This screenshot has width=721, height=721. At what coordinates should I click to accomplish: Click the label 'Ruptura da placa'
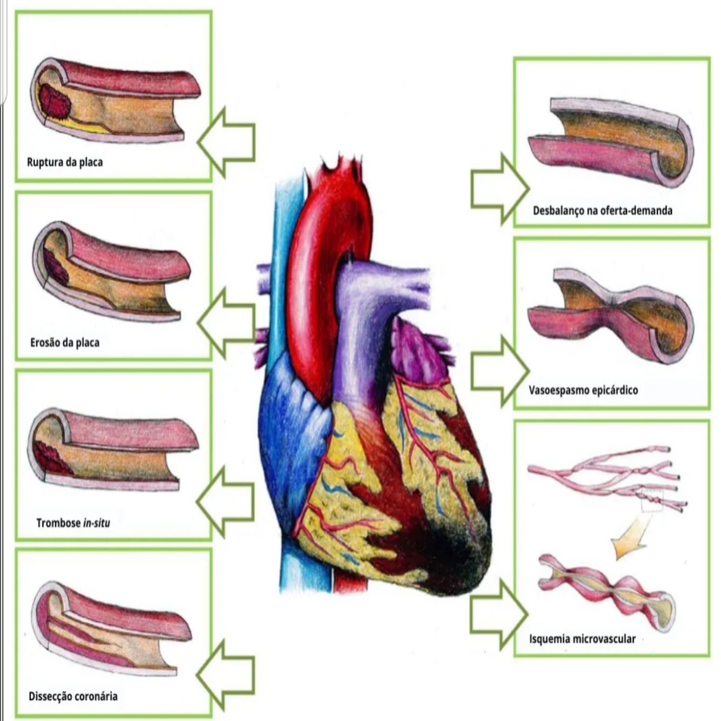(x=65, y=162)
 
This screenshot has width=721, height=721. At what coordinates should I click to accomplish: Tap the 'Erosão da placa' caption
(x=65, y=343)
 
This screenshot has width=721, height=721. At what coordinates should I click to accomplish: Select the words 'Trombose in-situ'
(x=73, y=523)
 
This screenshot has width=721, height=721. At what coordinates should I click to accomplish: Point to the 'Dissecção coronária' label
(x=73, y=696)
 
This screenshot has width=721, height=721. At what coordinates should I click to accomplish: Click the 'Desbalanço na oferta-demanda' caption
(x=603, y=210)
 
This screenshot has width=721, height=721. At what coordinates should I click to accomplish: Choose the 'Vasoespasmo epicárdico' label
(x=583, y=390)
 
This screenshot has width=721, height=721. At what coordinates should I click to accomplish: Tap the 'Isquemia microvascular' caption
(x=582, y=639)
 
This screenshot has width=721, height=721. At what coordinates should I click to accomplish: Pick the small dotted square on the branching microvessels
(x=652, y=500)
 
